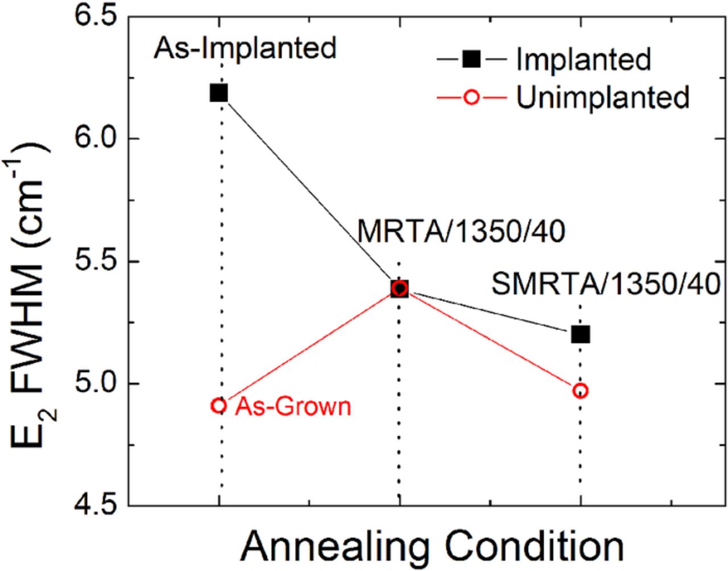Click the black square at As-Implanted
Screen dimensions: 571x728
pos(219,93)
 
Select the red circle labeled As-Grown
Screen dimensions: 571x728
pos(219,406)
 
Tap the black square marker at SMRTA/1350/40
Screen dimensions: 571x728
pos(581,334)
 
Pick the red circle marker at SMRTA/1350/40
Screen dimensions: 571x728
pos(581,391)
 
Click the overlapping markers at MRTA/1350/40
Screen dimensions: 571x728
pos(400,288)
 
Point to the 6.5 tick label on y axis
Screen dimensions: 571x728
pos(96,15)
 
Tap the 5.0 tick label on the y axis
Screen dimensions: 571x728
pos(96,384)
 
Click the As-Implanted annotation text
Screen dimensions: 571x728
pos(245,49)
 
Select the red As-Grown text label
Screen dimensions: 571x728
pos(293,407)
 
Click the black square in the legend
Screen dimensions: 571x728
pos(471,59)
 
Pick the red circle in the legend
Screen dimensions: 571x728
pos(471,97)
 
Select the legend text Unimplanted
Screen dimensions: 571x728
pos(603,97)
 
